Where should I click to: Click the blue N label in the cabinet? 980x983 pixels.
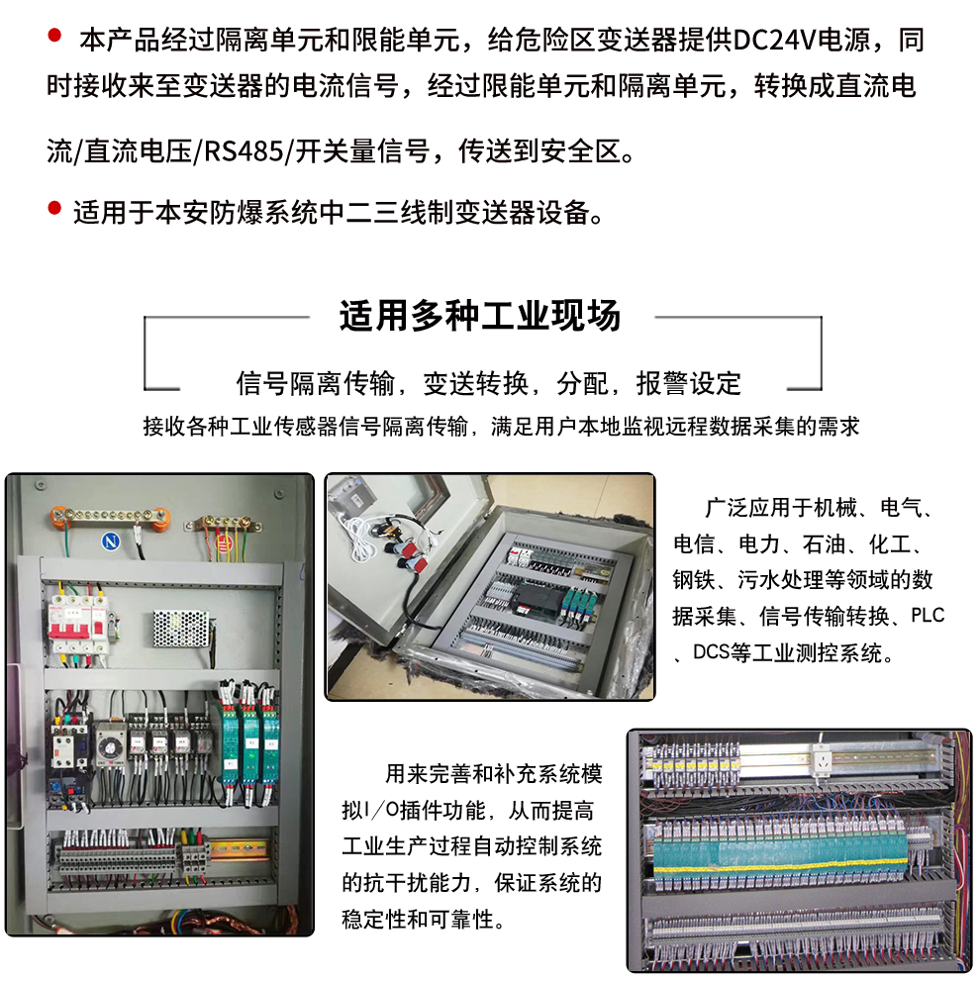pyautogui.click(x=112, y=541)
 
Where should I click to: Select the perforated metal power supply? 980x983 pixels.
pyautogui.click(x=181, y=627)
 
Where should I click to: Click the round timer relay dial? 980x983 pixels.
pyautogui.click(x=105, y=738)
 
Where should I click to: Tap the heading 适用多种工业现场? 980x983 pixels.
pyautogui.click(x=480, y=316)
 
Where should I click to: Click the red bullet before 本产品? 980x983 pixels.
pyautogui.click(x=54, y=38)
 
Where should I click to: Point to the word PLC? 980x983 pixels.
pyautogui.click(x=928, y=616)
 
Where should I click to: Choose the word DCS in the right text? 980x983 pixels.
pyautogui.click(x=713, y=652)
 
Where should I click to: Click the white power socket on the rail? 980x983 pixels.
pyautogui.click(x=820, y=759)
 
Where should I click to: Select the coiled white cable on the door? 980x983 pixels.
pyautogui.click(x=357, y=529)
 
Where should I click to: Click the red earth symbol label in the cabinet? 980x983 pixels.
pyautogui.click(x=224, y=541)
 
